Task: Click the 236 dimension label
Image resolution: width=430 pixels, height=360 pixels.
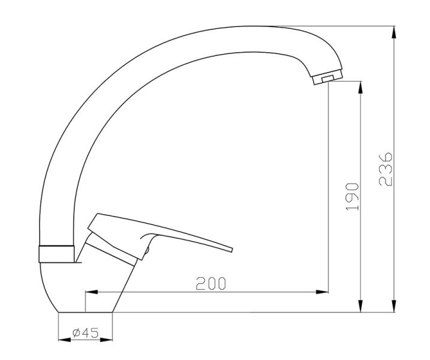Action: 386,169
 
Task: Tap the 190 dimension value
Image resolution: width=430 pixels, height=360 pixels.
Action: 352,196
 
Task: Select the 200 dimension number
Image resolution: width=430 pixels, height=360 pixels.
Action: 211,283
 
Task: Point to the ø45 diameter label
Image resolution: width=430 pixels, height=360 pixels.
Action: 85,333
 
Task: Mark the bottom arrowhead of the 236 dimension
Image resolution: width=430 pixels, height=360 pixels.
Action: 394,305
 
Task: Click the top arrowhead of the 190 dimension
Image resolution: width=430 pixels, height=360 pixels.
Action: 360,88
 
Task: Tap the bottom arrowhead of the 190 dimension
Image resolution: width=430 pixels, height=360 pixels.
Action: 360,305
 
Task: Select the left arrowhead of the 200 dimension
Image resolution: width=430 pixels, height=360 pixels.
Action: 92,292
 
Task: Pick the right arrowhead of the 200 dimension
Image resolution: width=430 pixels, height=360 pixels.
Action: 322,292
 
